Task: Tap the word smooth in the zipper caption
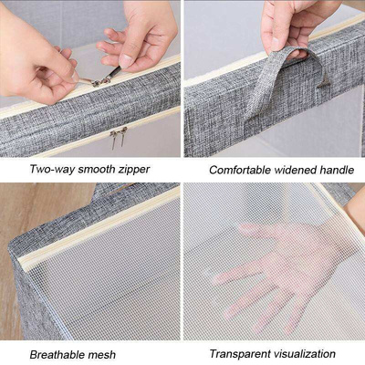point(99,170)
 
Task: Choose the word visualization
point(306,353)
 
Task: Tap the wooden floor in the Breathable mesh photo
point(27,210)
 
